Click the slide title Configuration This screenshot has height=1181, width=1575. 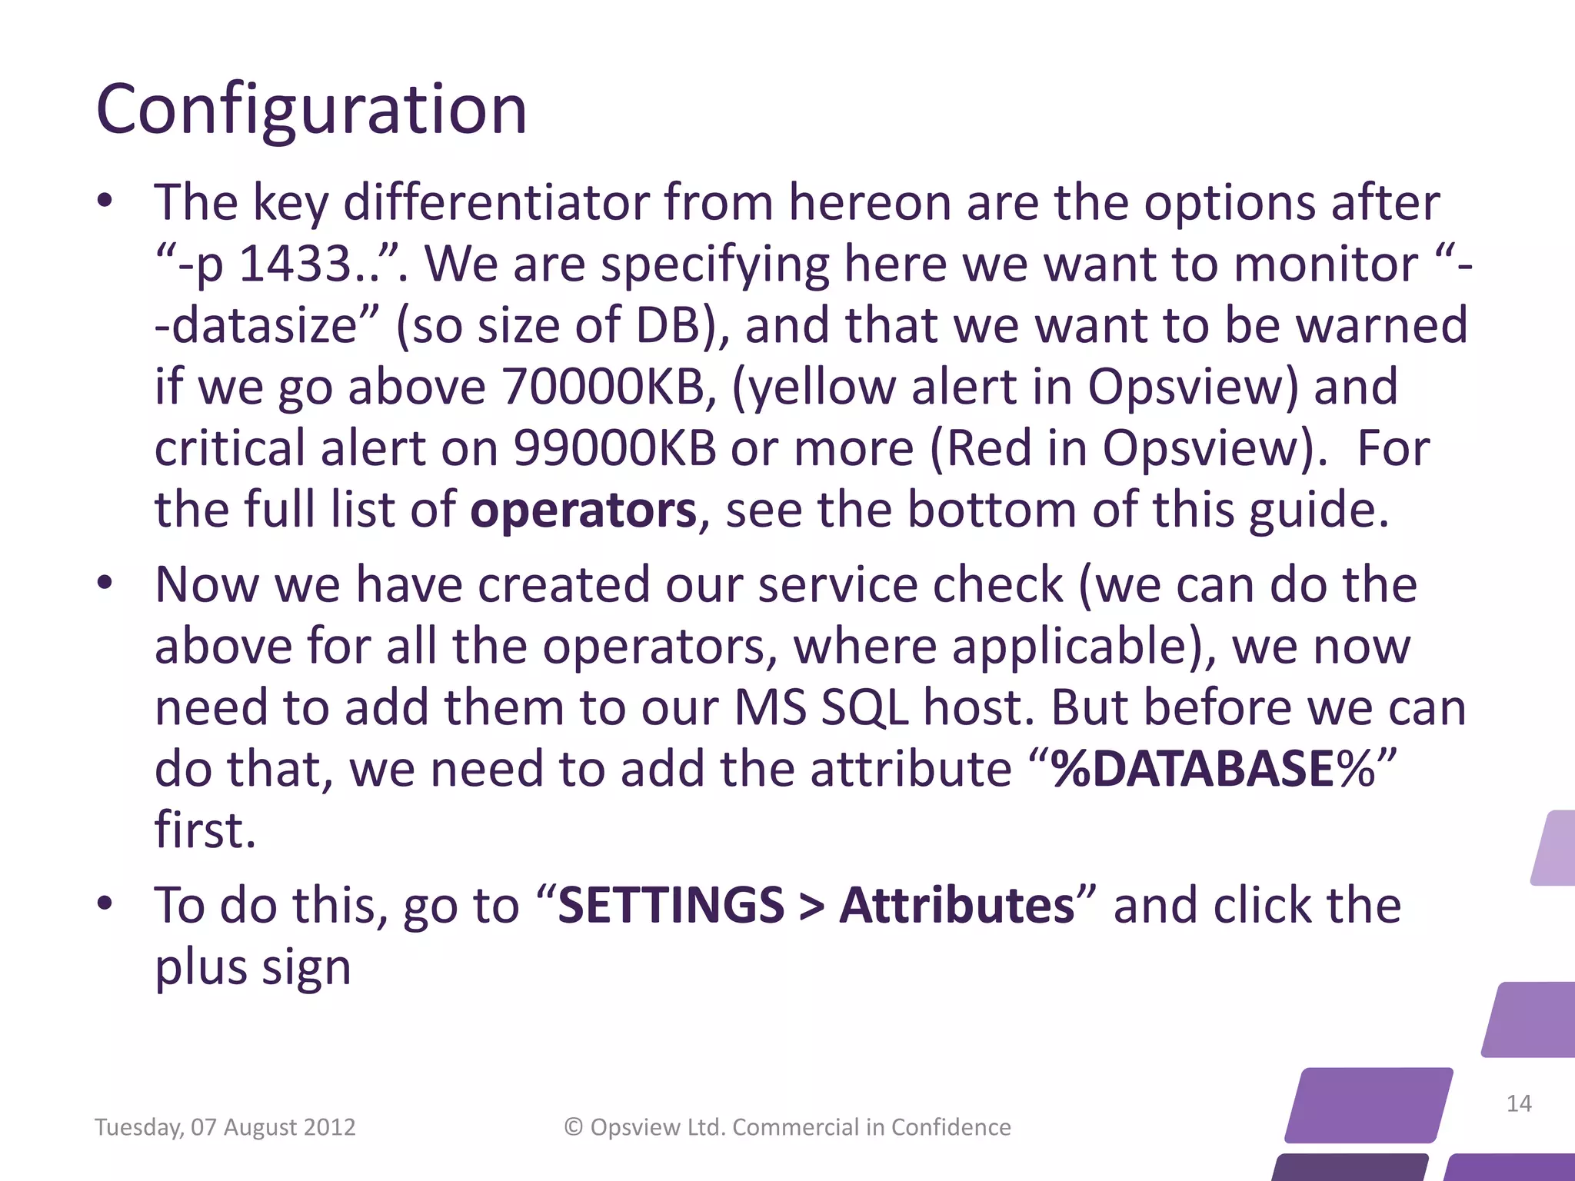coord(311,110)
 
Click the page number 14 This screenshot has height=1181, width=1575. coord(1518,1103)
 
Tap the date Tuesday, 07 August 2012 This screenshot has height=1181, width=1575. coord(225,1127)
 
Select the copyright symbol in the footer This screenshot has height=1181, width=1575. coord(573,1126)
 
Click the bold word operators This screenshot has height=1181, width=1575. coord(583,510)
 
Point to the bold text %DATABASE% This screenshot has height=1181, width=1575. coord(1213,768)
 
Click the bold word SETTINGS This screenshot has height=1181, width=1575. coord(671,905)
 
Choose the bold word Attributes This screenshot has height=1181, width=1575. coord(957,905)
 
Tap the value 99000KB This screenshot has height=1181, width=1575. coord(614,447)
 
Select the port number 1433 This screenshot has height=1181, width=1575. coord(296,264)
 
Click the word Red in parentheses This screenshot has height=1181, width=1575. coord(989,447)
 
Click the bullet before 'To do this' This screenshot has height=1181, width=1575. coord(105,903)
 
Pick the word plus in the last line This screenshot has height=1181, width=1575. coord(201,966)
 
